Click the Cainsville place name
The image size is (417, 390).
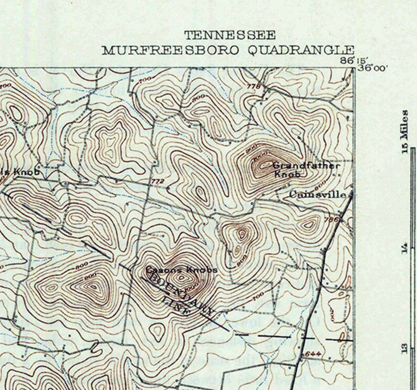(x=318, y=195)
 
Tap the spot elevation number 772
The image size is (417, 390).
(x=158, y=182)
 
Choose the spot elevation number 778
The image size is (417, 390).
(x=253, y=86)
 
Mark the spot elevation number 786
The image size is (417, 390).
(x=330, y=220)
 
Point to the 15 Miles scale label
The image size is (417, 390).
(x=404, y=131)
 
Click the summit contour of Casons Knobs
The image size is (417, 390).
(x=182, y=278)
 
